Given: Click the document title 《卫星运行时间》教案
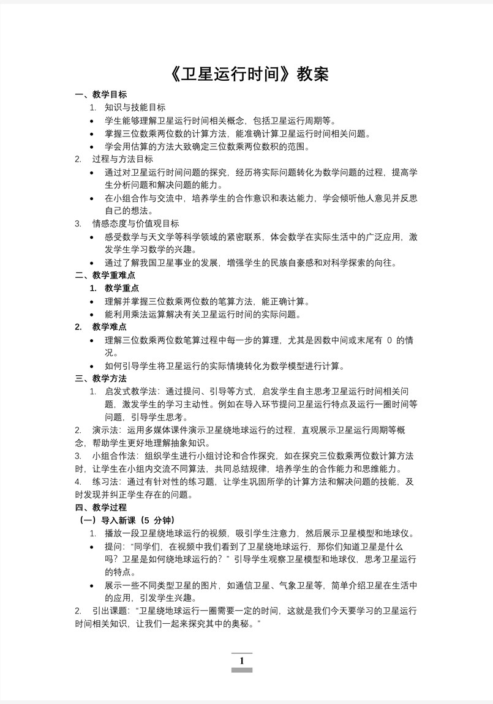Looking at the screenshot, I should click(x=247, y=74).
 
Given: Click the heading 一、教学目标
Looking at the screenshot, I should click(x=101, y=95).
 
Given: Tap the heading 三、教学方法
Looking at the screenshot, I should click(x=101, y=378).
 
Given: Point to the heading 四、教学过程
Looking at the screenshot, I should click(x=101, y=507).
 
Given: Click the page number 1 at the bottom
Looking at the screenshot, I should click(x=242, y=661).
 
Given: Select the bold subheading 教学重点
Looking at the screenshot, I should click(x=122, y=288).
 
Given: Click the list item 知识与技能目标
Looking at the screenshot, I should click(x=135, y=108).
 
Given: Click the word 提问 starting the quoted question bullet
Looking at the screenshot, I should click(x=113, y=546).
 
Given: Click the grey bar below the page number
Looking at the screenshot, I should click(x=242, y=670).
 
